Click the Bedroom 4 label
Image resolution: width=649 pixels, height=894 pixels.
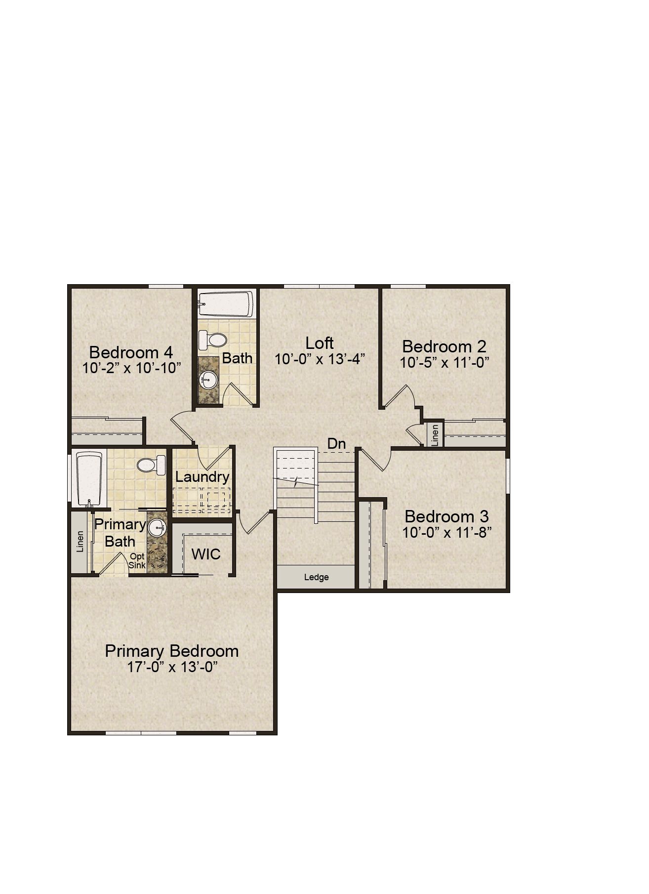[131, 352]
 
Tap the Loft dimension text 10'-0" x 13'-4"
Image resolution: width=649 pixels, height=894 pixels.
[320, 359]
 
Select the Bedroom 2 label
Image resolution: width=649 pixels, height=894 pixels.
[444, 346]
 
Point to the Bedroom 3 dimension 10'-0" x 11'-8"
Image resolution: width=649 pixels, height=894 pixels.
[446, 533]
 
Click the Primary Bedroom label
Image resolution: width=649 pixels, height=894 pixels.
[172, 651]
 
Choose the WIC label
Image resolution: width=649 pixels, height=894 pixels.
[206, 554]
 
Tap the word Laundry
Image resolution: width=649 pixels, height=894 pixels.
[203, 477]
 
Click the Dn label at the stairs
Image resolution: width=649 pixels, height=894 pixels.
[336, 443]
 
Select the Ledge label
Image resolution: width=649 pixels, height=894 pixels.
[316, 577]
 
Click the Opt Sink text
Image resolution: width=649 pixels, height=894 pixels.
[137, 561]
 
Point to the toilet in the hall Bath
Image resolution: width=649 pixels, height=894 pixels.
[212, 340]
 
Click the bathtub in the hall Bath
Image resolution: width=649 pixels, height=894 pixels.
[226, 304]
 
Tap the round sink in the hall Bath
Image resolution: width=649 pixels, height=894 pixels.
[208, 381]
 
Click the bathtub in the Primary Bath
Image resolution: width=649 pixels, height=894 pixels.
[89, 478]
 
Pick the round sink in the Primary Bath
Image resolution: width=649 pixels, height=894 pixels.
[158, 528]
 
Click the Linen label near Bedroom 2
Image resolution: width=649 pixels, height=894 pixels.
[435, 435]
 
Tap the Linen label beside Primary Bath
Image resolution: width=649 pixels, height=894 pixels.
[80, 542]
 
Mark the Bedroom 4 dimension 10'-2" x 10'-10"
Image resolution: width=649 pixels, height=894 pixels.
[132, 368]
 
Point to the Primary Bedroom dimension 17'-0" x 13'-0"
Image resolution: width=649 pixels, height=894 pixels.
[172, 667]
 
